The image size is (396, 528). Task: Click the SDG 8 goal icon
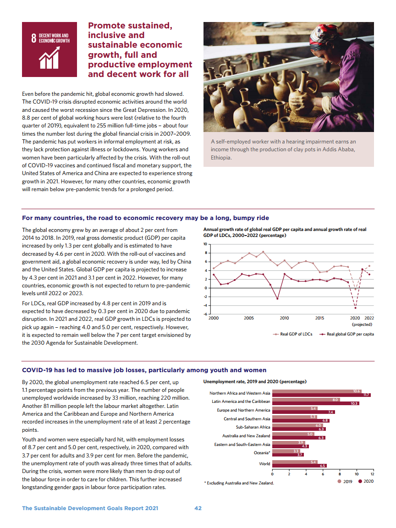click(x=49, y=49)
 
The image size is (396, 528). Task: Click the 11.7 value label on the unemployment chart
click(x=366, y=395)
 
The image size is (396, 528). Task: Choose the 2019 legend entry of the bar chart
click(x=345, y=481)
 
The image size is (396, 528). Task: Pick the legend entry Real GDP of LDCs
click(x=293, y=334)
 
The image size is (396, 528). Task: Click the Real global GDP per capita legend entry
click(x=347, y=334)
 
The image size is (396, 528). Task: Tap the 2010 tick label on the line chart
click(x=284, y=318)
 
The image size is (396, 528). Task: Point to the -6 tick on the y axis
click(x=206, y=314)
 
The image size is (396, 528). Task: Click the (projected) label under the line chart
click(x=362, y=324)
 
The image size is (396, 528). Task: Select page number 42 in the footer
click(x=198, y=508)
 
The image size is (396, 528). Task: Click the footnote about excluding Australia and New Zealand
click(x=239, y=483)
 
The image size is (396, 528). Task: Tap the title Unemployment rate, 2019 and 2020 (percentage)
click(x=255, y=381)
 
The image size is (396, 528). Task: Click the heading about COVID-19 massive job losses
click(x=144, y=370)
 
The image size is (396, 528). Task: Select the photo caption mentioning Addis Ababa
click(x=283, y=150)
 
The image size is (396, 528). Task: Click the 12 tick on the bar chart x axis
click(x=373, y=474)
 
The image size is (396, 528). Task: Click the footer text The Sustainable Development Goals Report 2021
click(x=90, y=508)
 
